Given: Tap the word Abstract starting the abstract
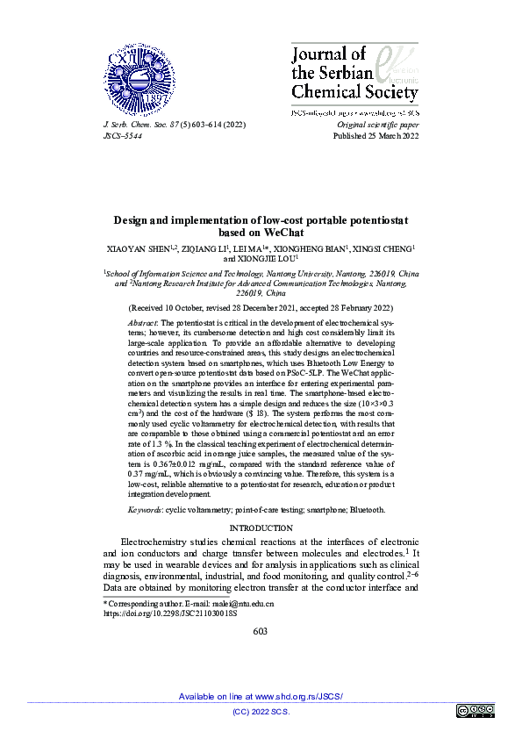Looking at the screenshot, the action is [144, 323].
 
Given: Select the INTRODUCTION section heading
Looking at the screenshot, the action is [261, 527].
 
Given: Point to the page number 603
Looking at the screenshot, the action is [261, 631].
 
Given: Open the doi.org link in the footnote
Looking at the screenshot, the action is [170, 614].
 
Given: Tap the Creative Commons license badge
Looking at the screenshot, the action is [475, 710].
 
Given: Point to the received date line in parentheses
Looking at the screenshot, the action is [261, 309].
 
